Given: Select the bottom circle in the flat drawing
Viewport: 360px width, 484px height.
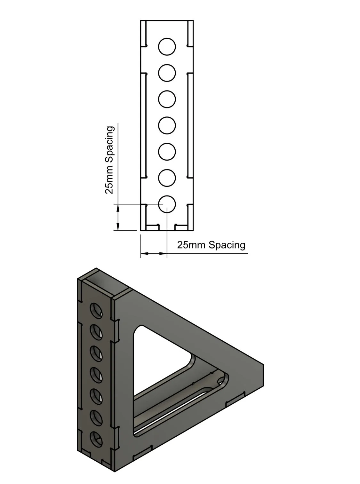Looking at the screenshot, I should click(167, 204).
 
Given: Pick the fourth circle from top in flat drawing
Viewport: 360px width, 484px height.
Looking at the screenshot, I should click(167, 125).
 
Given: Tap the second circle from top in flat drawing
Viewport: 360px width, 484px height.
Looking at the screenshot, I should click(167, 73).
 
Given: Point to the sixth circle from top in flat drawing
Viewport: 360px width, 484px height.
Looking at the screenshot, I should click(167, 178).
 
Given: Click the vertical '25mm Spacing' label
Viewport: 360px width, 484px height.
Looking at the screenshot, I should click(109, 160).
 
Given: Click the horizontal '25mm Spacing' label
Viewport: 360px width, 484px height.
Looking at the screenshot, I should click(211, 245).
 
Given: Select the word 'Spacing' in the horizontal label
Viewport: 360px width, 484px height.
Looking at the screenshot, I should click(227, 245).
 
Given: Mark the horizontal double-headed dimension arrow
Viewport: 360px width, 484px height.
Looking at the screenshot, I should click(154, 254).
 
